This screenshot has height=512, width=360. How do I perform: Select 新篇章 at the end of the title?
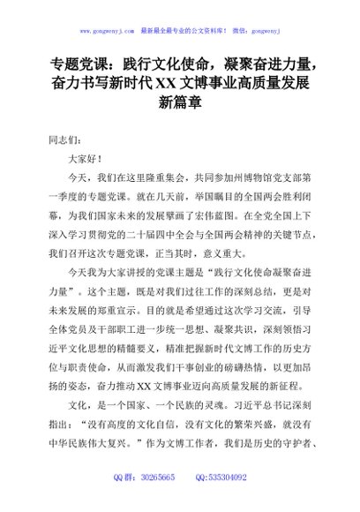[179, 102]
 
